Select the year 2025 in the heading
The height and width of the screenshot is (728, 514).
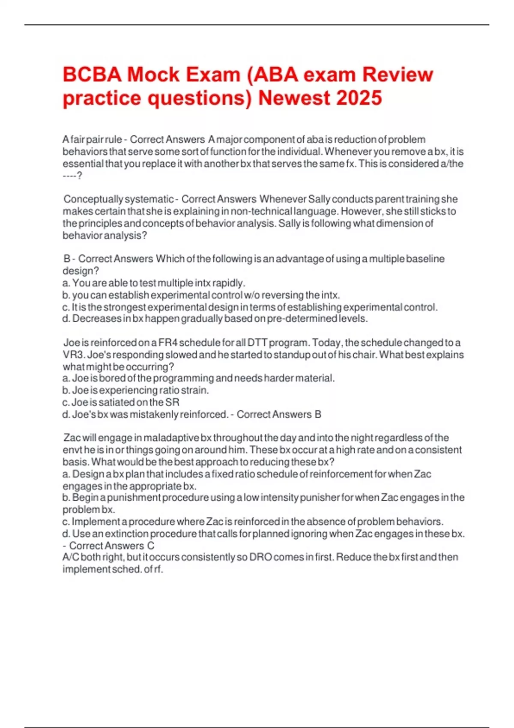click(359, 98)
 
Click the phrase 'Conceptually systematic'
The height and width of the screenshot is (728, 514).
click(118, 199)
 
